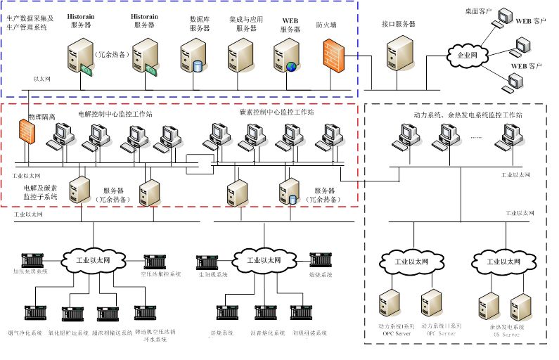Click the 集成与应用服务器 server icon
point(240,55)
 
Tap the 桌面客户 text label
point(478,11)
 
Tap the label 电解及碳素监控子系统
point(39,193)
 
